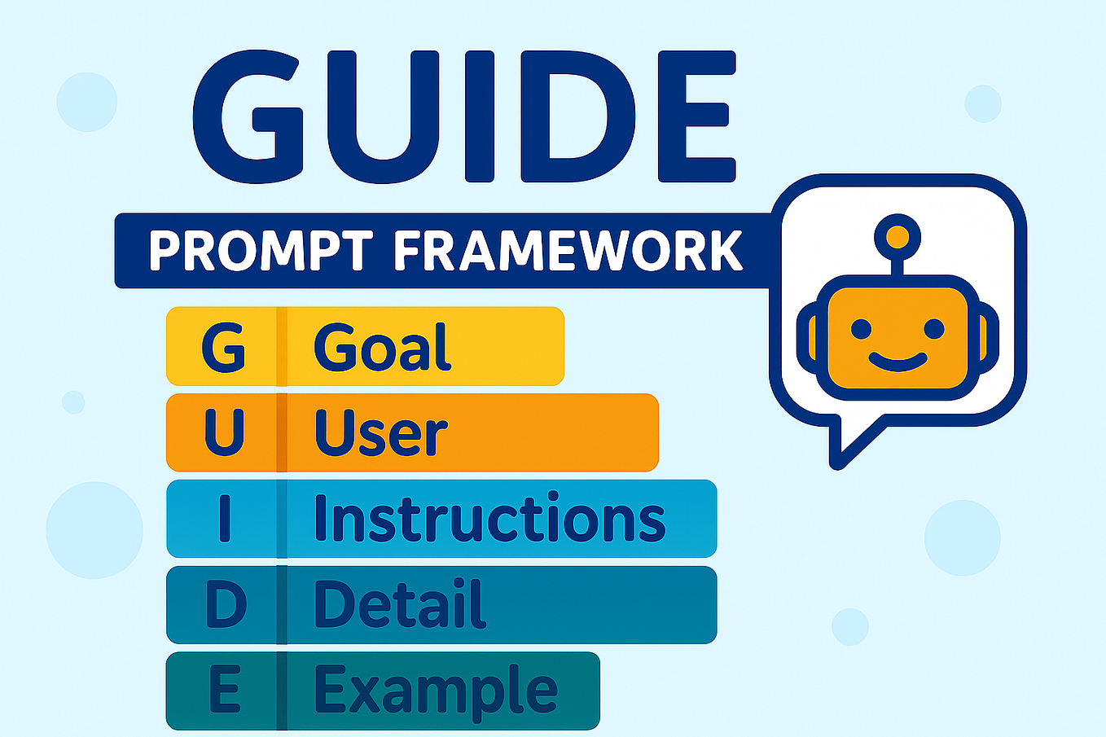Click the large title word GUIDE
point(464,116)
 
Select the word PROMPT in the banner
point(261,251)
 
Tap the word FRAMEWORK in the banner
point(568,251)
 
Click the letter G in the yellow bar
point(223,347)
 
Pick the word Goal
point(382,347)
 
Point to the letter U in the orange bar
point(224,432)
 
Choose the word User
point(380,433)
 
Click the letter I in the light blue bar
point(225,520)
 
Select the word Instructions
point(489,519)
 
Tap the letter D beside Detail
point(225,605)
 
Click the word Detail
point(399,604)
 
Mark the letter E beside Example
point(224,691)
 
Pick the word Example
point(436,691)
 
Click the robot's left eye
point(861,330)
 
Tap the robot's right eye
point(934,330)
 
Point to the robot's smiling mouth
point(898,362)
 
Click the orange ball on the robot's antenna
point(898,237)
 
